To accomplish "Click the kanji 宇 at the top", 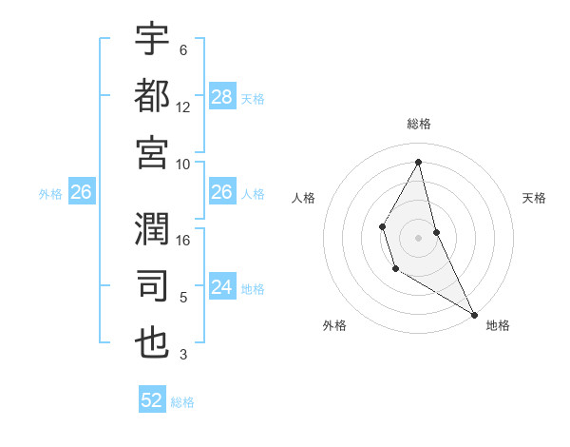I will click(x=152, y=40).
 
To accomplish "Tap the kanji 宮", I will click(x=152, y=152).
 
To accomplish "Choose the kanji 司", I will click(x=152, y=285).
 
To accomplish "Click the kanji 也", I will click(x=152, y=342).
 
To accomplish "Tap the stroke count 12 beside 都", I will click(x=183, y=107).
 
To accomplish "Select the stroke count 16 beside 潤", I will click(x=183, y=241).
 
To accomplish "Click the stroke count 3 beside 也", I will click(x=183, y=355).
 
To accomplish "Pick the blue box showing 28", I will click(x=222, y=97).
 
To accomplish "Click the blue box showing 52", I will click(x=152, y=400).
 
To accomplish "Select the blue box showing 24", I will click(x=222, y=287).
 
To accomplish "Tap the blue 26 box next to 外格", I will click(x=81, y=192).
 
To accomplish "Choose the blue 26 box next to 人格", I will click(x=222, y=192).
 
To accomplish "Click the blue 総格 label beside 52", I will click(x=182, y=402).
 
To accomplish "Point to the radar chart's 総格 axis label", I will click(x=418, y=124).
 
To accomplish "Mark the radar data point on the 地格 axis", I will click(x=474, y=314).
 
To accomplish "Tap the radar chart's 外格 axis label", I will click(x=334, y=326).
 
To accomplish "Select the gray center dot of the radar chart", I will click(x=418, y=236).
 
